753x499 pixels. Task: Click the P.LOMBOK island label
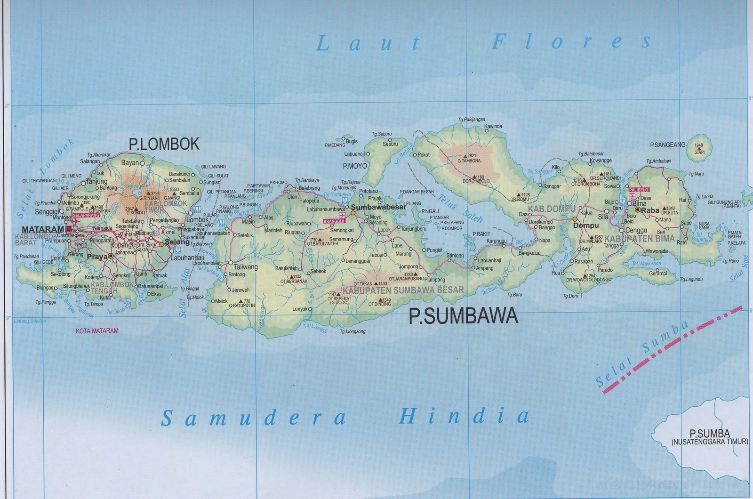tap(164, 144)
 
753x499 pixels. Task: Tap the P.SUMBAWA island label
tap(463, 316)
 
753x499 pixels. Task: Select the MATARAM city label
tap(43, 230)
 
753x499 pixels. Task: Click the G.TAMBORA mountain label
tap(469, 161)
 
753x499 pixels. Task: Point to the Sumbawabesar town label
tap(378, 207)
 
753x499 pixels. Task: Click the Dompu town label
tap(586, 225)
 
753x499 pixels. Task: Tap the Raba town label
tap(650, 210)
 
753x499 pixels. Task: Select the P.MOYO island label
tap(355, 166)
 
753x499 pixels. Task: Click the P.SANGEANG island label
tap(667, 145)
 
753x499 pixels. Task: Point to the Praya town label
tap(97, 257)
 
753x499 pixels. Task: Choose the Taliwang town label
tap(246, 267)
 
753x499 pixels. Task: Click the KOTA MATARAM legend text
tap(97, 331)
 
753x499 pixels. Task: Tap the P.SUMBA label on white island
tap(710, 434)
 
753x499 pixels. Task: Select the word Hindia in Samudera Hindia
tap(464, 416)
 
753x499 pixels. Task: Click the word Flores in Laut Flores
tap(571, 42)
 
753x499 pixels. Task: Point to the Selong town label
tap(177, 242)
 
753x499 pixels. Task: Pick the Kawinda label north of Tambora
tap(493, 126)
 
